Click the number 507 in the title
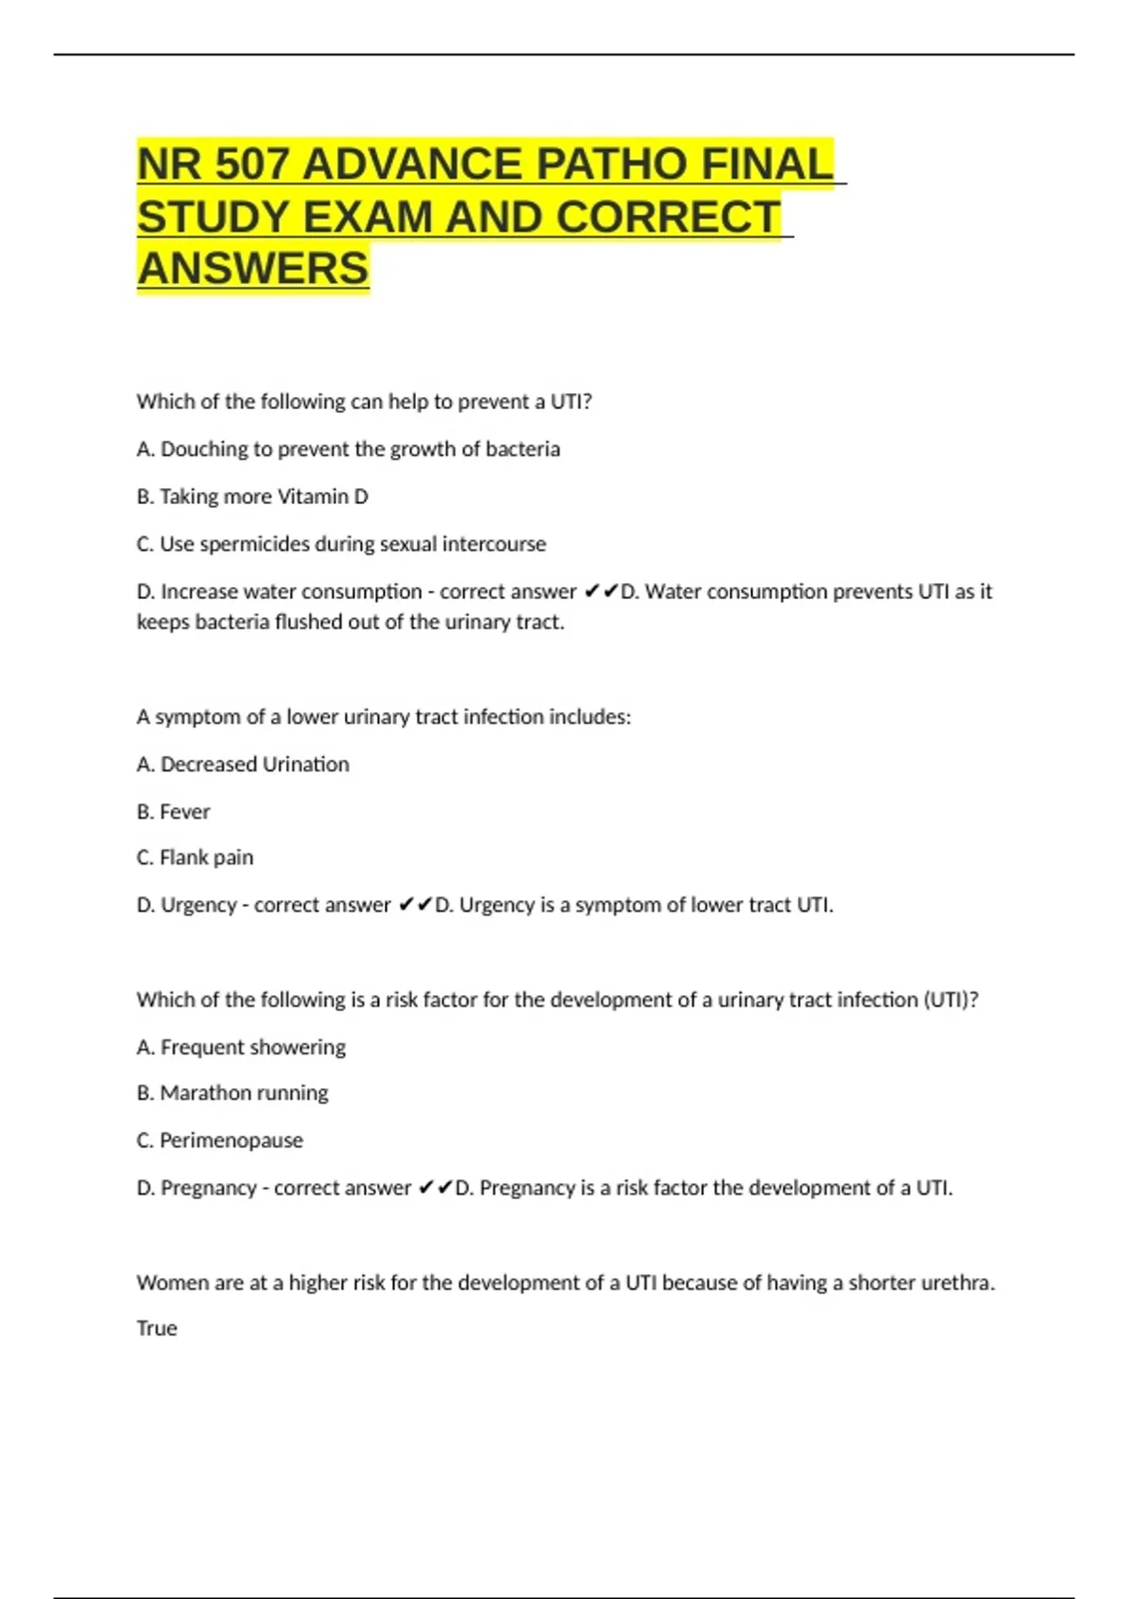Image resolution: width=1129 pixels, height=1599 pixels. click(251, 165)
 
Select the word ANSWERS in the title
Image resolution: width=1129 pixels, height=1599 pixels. click(253, 268)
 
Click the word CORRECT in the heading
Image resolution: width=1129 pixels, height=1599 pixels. click(667, 217)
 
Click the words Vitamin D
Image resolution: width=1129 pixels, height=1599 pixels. click(320, 497)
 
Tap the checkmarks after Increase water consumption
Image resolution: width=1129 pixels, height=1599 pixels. click(601, 592)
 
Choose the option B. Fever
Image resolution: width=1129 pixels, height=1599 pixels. click(173, 812)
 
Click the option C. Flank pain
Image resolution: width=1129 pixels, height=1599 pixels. click(195, 858)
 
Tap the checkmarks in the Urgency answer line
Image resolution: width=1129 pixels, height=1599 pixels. click(415, 905)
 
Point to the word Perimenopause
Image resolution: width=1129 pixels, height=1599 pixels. click(231, 1141)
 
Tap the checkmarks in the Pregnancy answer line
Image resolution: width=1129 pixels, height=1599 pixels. click(436, 1188)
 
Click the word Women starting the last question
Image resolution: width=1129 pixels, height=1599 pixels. click(167, 1283)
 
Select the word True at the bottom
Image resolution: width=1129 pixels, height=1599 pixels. click(156, 1328)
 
